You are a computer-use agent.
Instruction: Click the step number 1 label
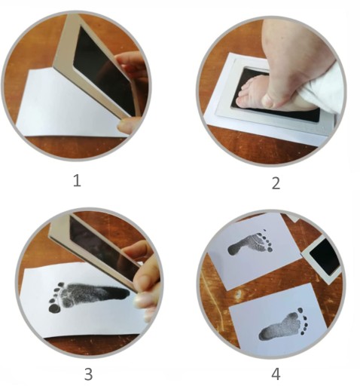coord(77,181)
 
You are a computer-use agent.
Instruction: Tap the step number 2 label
coord(276,183)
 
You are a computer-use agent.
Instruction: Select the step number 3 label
coord(88,374)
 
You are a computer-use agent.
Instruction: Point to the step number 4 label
coord(276,374)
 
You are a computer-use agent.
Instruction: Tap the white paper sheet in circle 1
coord(68,106)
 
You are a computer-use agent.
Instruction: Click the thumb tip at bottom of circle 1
coord(126,126)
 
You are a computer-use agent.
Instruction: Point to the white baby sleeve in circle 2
coord(325,88)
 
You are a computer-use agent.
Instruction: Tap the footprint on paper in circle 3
coord(88,296)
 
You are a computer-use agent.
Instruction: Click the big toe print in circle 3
coord(53,308)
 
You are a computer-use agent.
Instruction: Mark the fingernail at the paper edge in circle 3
coord(139,300)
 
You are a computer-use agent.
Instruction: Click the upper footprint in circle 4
coord(251,242)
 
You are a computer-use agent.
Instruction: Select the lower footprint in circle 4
coord(283,325)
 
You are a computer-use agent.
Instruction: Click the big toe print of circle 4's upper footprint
coord(270,250)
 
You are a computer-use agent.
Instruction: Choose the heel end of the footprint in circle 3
coord(124,293)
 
